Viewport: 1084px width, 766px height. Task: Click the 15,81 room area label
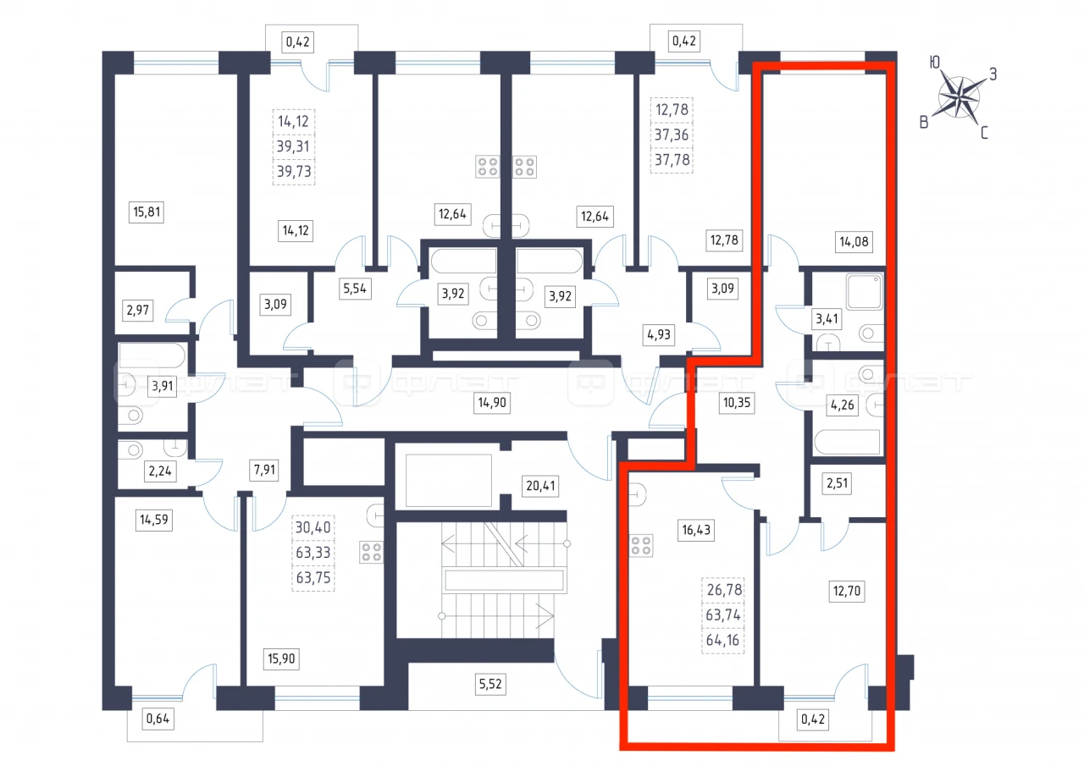point(147,212)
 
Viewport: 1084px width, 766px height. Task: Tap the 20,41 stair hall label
point(540,486)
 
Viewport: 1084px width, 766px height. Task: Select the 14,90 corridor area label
point(492,402)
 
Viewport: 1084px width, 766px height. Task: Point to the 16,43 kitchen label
point(696,530)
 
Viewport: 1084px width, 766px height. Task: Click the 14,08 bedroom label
point(854,241)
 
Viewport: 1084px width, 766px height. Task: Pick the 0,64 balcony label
point(158,719)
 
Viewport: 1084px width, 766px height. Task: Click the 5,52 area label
point(490,684)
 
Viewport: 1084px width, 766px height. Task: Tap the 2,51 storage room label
point(838,483)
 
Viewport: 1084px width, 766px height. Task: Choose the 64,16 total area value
point(722,640)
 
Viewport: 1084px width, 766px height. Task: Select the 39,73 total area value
point(294,171)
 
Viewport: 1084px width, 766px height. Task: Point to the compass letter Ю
point(934,63)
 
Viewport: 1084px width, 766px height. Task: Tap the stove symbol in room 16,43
point(641,545)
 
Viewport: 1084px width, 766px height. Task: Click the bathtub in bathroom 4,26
point(847,442)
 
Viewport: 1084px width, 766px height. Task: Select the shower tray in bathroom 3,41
point(865,292)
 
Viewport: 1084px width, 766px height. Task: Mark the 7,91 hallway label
point(265,470)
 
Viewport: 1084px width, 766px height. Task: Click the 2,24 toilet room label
point(160,471)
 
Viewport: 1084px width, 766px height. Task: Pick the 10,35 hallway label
point(737,402)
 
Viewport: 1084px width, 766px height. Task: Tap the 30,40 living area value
point(313,527)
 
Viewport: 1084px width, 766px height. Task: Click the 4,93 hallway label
point(659,334)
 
